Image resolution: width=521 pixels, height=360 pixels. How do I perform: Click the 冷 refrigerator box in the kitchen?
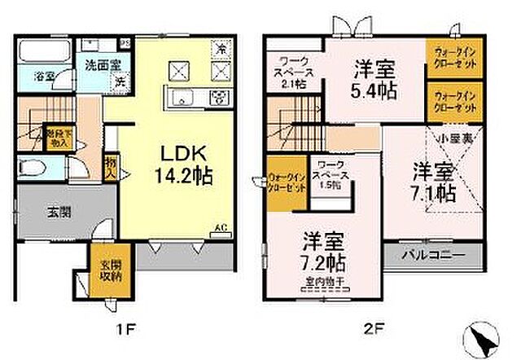[x=218, y=48]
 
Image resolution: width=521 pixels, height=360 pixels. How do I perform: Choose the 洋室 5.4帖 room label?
[x=376, y=79]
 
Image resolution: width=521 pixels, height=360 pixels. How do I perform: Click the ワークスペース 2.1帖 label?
[x=295, y=72]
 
